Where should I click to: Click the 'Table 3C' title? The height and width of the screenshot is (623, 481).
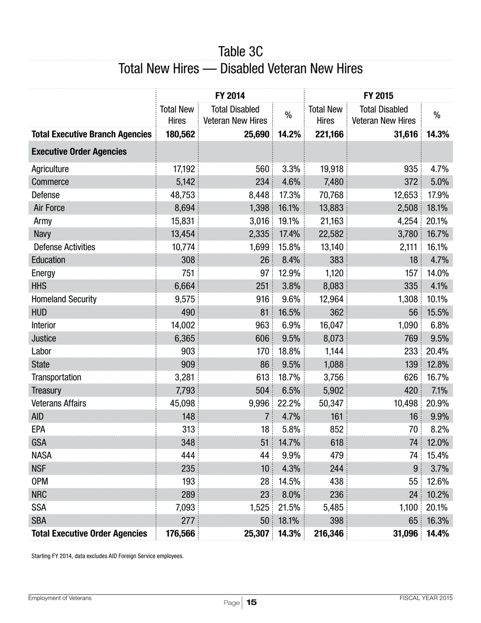coord(240,52)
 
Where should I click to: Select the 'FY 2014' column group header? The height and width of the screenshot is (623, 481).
coord(230,96)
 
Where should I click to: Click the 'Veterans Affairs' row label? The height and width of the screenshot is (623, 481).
coord(59,403)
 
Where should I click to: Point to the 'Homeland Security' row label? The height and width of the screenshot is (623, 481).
coord(64,299)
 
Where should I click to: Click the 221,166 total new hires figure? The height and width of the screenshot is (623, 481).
coord(326,134)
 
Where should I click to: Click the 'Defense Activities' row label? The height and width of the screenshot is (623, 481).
coord(64,247)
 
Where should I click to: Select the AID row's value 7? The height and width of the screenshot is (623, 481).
coord(266,416)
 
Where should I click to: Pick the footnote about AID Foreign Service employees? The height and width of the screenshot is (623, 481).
coord(107,556)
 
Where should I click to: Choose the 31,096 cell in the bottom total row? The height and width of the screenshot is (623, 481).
coord(403,533)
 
